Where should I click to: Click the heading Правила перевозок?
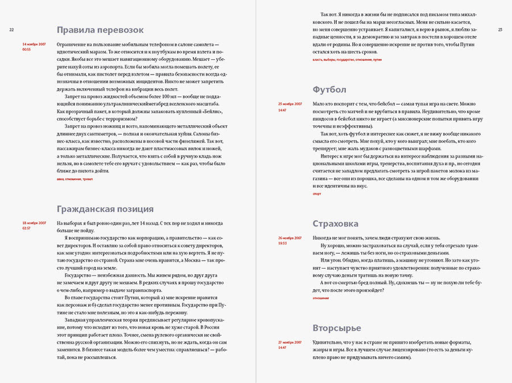tap(100, 30)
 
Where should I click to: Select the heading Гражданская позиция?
tap(105, 209)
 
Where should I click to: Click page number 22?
tap(11, 30)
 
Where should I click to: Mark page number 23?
tap(500, 30)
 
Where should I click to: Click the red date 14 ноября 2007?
tap(34, 44)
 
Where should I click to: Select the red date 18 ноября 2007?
tap(34, 223)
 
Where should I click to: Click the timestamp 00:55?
tap(26, 50)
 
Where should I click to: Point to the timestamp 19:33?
tap(282, 243)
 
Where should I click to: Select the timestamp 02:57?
tap(26, 228)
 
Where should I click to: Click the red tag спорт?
tap(317, 193)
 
